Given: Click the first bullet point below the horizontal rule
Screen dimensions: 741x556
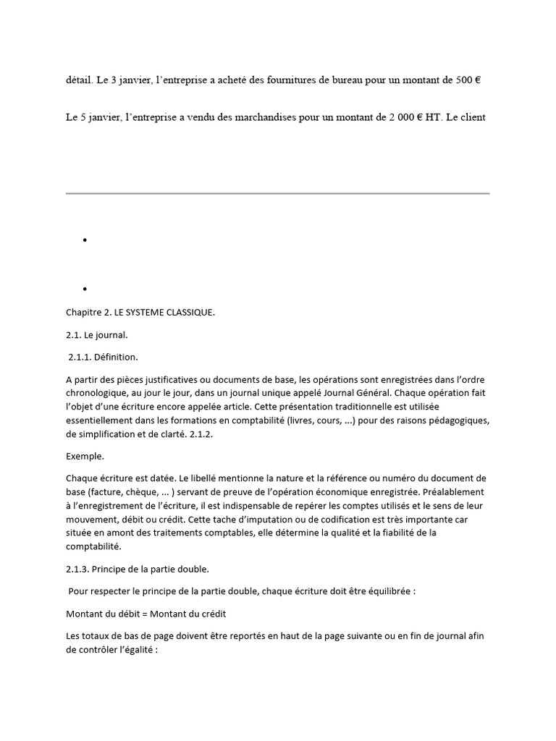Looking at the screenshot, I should [x=85, y=240].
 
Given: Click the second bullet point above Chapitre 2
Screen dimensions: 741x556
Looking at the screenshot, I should [x=85, y=289].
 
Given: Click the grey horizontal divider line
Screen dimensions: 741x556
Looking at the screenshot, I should [x=278, y=193].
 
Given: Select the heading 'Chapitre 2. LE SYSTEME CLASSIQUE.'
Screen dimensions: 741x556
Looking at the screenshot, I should [x=140, y=312].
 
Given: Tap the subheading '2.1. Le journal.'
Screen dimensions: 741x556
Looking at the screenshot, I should [x=96, y=334].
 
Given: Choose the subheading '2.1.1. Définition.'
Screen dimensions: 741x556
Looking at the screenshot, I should [x=103, y=357].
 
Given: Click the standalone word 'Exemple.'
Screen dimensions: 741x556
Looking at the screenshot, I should [x=85, y=457].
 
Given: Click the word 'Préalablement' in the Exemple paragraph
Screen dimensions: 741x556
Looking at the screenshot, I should [x=455, y=492].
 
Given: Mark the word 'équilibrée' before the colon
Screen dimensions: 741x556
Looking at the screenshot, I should [x=387, y=591].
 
